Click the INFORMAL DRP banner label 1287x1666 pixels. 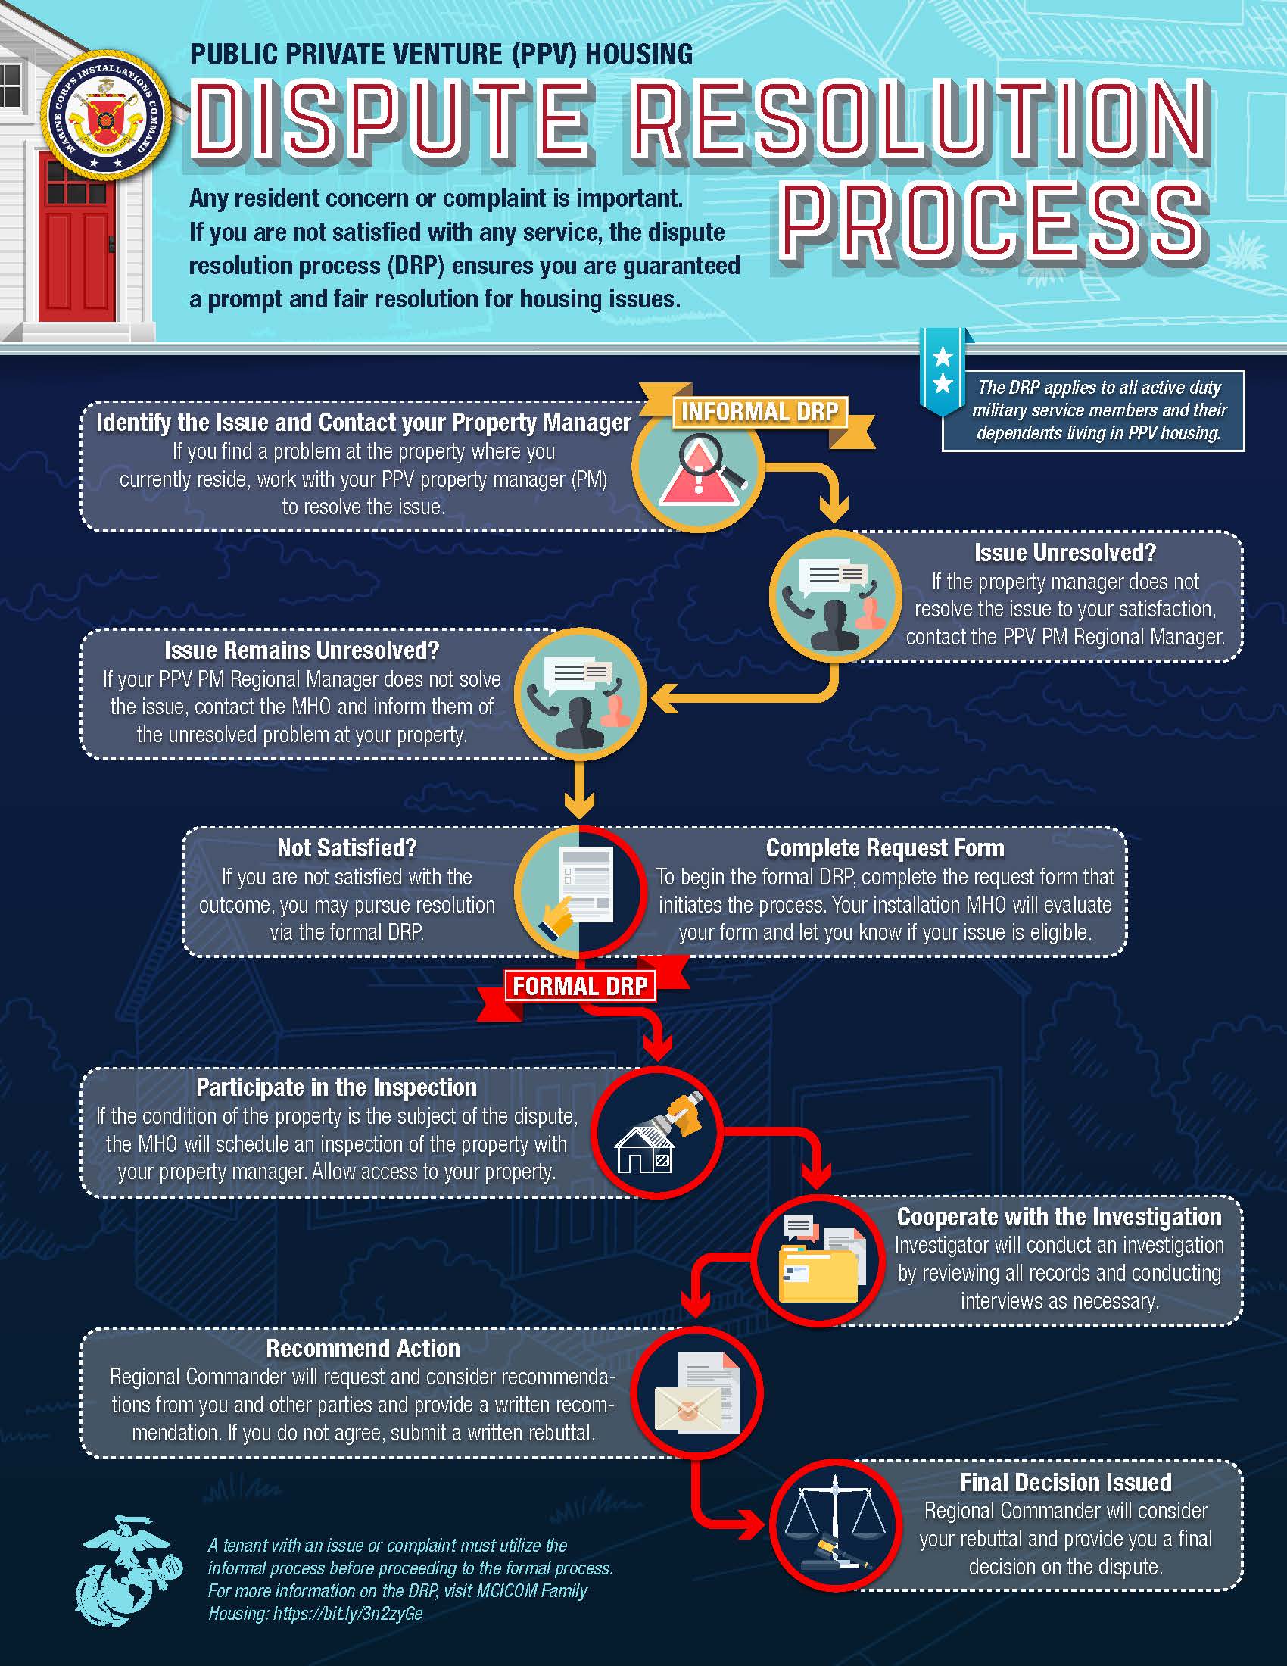pyautogui.click(x=759, y=412)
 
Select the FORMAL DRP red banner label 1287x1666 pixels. pyautogui.click(x=579, y=985)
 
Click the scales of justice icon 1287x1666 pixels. pyautogui.click(x=836, y=1526)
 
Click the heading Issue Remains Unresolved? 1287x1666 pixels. pyautogui.click(x=302, y=650)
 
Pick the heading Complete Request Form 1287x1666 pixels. pyautogui.click(x=885, y=847)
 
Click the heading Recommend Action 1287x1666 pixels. pyautogui.click(x=363, y=1349)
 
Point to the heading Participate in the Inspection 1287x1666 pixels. pyautogui.click(x=336, y=1087)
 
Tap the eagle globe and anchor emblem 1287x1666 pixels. pyautogui.click(x=129, y=1571)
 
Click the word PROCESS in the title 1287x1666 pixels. pyautogui.click(x=993, y=221)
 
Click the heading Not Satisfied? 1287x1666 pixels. pyautogui.click(x=347, y=847)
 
